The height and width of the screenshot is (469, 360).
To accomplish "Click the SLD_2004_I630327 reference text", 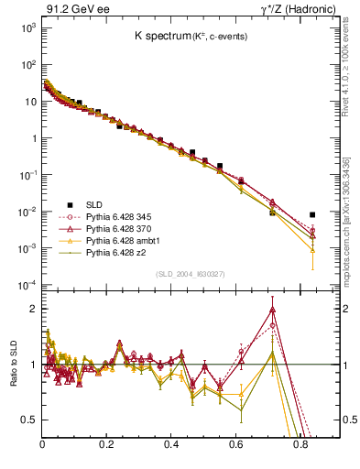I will [190, 274].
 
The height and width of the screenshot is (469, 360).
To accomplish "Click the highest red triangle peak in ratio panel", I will [272, 310].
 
